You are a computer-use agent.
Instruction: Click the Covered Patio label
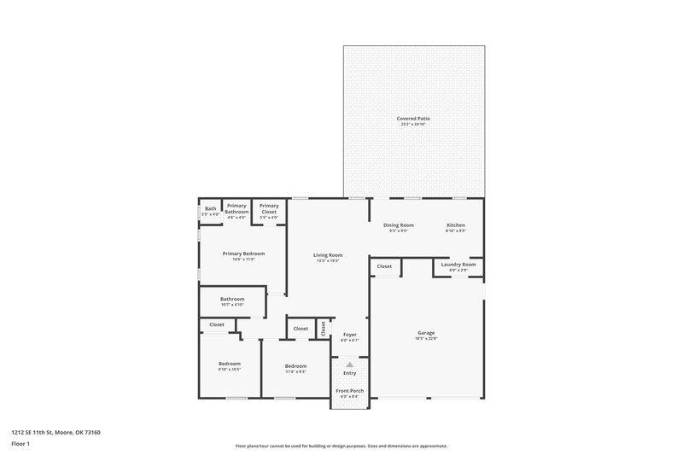coord(412,118)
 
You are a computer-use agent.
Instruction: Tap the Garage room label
coord(426,333)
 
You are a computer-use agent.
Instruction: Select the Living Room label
coord(329,254)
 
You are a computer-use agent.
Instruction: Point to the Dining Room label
coord(399,225)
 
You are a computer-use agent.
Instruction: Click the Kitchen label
coord(456,225)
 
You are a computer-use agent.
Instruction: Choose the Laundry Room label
coord(458,265)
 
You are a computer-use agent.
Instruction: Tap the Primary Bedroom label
coord(243,254)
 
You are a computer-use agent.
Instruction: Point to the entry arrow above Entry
coord(349,365)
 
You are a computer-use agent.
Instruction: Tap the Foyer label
coord(350,334)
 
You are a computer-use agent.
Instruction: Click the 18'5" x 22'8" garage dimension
coord(426,339)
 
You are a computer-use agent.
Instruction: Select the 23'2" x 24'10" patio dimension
coord(412,124)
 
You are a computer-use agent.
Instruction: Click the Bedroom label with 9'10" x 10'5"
coord(229,364)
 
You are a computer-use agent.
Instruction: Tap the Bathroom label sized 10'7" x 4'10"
coord(232,299)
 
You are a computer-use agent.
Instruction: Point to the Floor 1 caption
coord(20,445)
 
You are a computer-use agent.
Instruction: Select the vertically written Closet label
coord(324,328)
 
